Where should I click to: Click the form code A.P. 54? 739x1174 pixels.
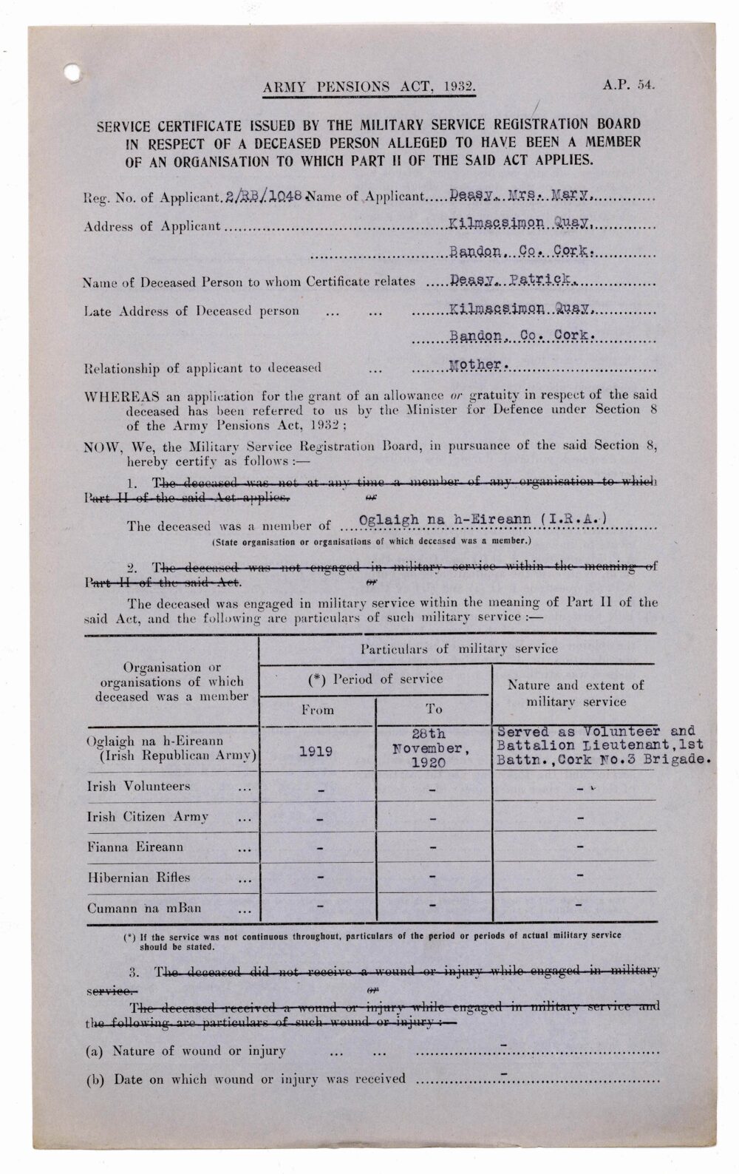click(629, 84)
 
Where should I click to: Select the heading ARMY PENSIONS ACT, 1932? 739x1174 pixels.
click(369, 87)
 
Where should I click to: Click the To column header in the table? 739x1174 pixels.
click(434, 709)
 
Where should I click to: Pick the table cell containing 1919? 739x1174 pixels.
click(316, 751)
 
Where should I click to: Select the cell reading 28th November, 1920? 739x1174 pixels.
click(434, 748)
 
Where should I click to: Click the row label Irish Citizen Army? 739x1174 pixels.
click(148, 817)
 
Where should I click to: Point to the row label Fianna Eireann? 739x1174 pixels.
click(135, 847)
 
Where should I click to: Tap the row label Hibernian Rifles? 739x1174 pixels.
click(139, 878)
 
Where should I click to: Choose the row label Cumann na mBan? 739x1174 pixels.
click(144, 909)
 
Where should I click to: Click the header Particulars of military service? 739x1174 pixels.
click(459, 649)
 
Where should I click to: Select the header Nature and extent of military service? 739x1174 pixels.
click(576, 693)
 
